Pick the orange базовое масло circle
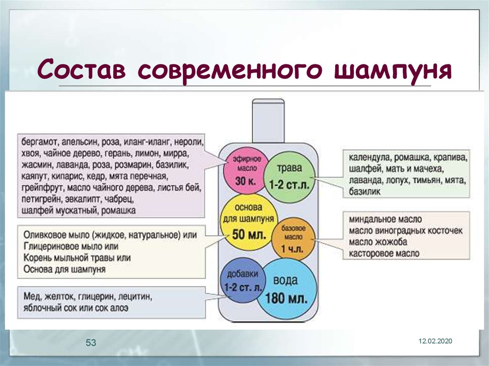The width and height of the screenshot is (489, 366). coord(293,239)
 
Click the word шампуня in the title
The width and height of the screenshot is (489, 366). coord(393,70)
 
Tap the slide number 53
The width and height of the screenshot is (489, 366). coord(91,343)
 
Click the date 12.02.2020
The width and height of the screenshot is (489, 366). coord(435,341)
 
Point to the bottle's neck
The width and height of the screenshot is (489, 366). coord(268,121)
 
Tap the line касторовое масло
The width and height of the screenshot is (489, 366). coord(384,253)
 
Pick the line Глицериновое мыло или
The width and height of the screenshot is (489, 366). coord(71,246)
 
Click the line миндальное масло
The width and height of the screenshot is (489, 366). coord(385,219)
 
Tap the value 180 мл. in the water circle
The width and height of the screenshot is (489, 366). coord(286,299)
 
